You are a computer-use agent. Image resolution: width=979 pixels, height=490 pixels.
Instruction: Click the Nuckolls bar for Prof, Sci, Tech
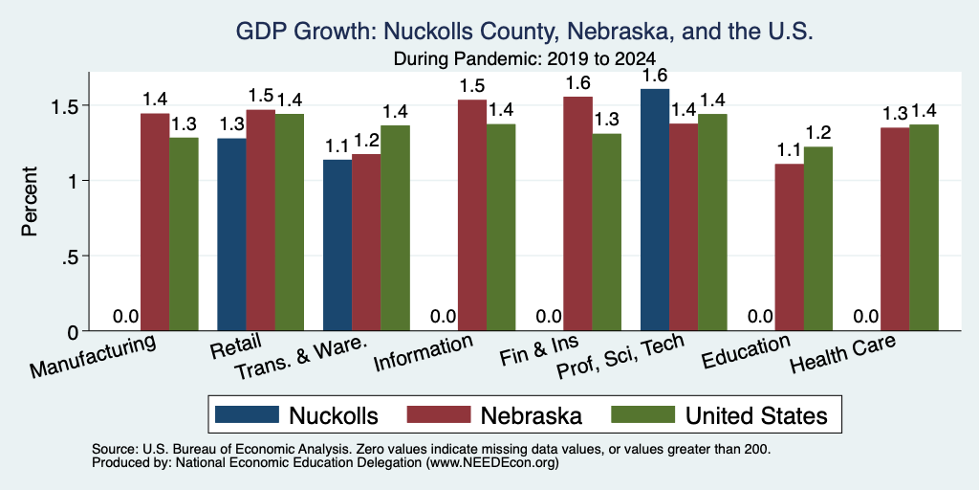pyautogui.click(x=655, y=210)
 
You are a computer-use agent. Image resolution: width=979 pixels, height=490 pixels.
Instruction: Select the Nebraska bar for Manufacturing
pyautogui.click(x=155, y=222)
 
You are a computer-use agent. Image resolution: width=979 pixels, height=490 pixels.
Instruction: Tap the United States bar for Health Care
pyautogui.click(x=925, y=228)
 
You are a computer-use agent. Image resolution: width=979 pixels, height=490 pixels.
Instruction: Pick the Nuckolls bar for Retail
pyautogui.click(x=231, y=234)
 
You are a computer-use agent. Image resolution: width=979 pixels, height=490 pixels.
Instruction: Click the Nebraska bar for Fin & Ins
pyautogui.click(x=578, y=213)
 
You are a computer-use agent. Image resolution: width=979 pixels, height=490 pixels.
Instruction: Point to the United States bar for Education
pyautogui.click(x=818, y=238)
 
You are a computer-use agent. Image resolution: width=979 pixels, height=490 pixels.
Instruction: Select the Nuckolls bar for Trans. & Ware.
pyautogui.click(x=337, y=245)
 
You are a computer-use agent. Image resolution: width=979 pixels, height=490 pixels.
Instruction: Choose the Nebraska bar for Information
pyautogui.click(x=472, y=215)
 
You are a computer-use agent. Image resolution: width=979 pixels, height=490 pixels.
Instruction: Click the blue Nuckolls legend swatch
pyautogui.click(x=247, y=414)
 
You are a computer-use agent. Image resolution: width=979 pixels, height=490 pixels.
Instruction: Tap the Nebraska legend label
pyautogui.click(x=531, y=415)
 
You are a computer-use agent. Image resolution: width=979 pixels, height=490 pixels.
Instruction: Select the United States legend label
pyautogui.click(x=757, y=415)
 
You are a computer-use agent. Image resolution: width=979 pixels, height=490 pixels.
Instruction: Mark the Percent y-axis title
pyautogui.click(x=30, y=201)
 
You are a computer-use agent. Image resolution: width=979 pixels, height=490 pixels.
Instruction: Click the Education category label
pyautogui.click(x=747, y=352)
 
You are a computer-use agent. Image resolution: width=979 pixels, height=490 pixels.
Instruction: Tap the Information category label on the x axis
pyautogui.click(x=423, y=353)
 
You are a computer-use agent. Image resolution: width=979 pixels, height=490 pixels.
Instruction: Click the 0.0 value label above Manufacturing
pyautogui.click(x=126, y=316)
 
